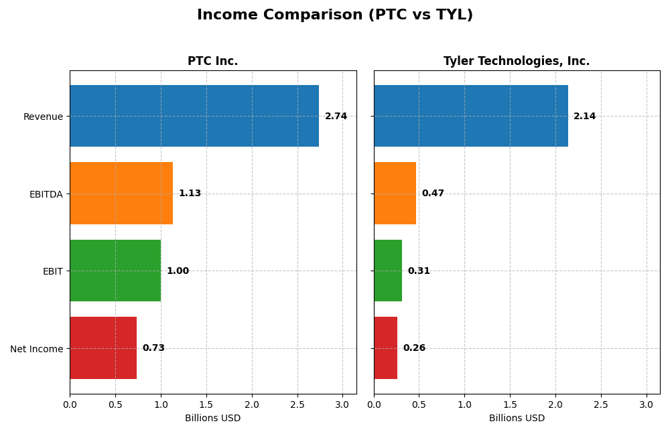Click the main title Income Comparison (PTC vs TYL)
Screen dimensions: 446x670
click(335, 15)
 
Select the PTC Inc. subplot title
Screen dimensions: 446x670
click(212, 61)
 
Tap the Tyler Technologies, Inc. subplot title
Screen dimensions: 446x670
click(517, 61)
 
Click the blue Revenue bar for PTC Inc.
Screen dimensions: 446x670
click(194, 116)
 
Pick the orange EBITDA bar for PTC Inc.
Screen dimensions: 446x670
click(121, 193)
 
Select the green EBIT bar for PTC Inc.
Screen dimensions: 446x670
click(115, 271)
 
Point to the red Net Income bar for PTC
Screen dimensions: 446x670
click(103, 348)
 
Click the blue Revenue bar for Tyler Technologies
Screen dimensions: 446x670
click(471, 116)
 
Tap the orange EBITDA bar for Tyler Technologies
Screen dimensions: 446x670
click(395, 193)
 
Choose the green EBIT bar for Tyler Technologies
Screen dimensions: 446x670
click(388, 271)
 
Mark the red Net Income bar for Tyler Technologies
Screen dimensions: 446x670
click(386, 348)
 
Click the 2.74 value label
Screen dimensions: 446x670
click(336, 117)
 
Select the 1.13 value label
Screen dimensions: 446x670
click(190, 194)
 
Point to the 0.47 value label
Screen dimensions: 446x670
click(433, 194)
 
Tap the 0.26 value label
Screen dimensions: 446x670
click(414, 348)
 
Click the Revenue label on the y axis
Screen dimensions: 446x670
click(43, 117)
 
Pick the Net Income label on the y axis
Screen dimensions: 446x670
click(36, 349)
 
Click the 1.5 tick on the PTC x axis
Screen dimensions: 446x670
click(206, 404)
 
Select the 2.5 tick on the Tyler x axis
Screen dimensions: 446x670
click(601, 404)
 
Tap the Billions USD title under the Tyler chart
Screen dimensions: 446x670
click(517, 418)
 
